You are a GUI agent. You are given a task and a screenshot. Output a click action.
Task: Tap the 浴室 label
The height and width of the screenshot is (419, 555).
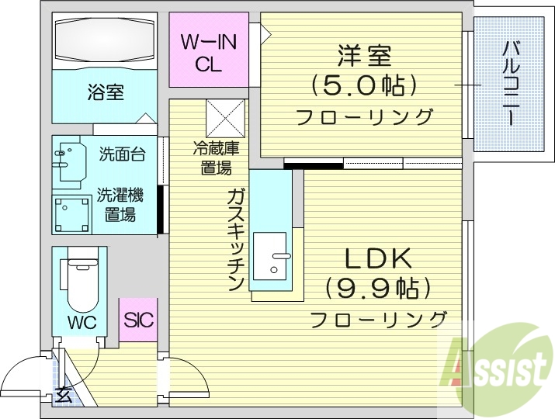[x=106, y=93]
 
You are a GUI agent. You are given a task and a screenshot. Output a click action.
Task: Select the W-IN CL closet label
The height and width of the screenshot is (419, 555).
[x=208, y=53]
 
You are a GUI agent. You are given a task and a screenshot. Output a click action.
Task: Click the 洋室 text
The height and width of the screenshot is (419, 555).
[x=364, y=57]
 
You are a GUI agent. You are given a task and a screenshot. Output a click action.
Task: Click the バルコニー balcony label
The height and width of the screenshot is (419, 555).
[x=510, y=84]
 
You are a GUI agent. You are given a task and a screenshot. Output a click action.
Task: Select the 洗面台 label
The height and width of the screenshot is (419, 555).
[x=122, y=154]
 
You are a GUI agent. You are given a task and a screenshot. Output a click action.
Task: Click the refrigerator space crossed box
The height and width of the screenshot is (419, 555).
[x=225, y=118]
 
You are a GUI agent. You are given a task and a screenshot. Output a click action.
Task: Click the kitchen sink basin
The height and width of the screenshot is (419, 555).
[x=276, y=256]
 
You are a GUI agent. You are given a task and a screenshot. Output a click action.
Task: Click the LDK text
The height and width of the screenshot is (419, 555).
[x=377, y=258]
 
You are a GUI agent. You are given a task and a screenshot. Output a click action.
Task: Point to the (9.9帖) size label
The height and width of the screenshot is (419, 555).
[x=377, y=289]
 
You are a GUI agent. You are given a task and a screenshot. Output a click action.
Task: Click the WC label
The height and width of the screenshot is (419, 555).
[x=81, y=322]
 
